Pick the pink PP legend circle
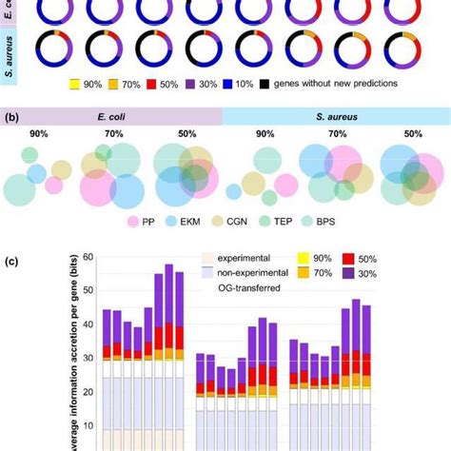pos(133,221)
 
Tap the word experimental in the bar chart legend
pos(234,257)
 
